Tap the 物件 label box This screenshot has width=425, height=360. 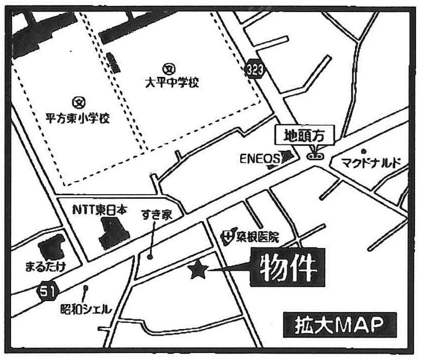click(288, 268)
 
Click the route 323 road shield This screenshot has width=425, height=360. click(255, 69)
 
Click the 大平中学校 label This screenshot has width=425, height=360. click(172, 82)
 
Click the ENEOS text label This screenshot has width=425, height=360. click(259, 159)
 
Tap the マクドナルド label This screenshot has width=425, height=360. click(372, 163)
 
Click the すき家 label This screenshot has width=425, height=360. click(159, 216)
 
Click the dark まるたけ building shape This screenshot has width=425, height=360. click(51, 247)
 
